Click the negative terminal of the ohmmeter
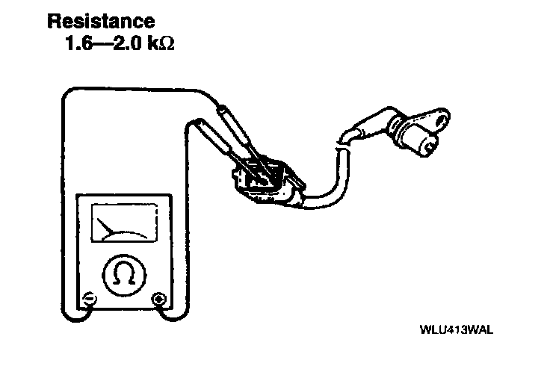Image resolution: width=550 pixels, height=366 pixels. pos(88,300)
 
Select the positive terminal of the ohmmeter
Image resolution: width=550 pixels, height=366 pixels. pos(158,300)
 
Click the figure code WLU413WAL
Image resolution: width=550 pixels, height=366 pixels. pos(458,329)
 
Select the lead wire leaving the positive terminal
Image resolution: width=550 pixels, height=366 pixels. pos(182,224)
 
